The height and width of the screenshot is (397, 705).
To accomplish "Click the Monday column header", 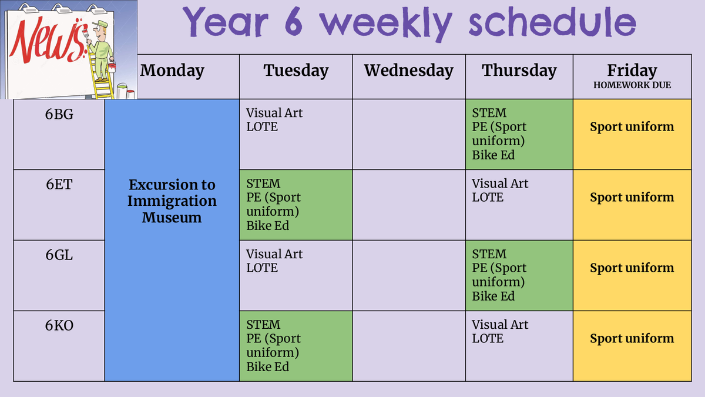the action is click(172, 71).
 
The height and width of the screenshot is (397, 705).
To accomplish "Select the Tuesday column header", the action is click(296, 71).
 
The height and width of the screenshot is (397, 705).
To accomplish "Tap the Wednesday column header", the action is click(409, 71).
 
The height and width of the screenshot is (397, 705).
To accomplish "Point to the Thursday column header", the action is click(519, 71).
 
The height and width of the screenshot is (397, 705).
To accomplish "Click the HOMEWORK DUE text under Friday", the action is click(632, 85).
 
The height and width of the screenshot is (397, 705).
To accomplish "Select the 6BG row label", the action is click(59, 114).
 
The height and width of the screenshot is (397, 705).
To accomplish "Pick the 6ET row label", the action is click(59, 184).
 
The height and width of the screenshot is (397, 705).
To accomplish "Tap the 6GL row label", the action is click(59, 255).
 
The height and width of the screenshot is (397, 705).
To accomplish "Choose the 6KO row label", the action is click(59, 325).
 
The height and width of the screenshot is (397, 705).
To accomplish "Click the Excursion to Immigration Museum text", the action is click(172, 201).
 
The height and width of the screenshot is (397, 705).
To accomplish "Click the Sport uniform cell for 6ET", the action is click(632, 205).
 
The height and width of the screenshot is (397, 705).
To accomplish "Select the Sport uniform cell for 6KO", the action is click(632, 346).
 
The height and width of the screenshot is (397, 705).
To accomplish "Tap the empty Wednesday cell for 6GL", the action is click(409, 275).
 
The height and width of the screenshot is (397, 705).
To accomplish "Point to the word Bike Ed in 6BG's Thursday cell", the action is click(493, 155).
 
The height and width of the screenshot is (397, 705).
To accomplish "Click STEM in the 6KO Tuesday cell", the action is click(263, 325).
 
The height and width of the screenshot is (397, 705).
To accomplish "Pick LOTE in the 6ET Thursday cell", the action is click(488, 198).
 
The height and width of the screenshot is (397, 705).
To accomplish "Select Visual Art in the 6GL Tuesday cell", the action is click(274, 254).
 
